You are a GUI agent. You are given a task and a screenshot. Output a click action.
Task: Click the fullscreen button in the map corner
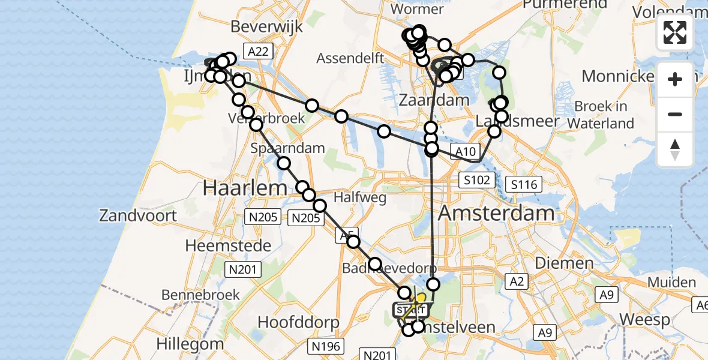pyautogui.click(x=675, y=32)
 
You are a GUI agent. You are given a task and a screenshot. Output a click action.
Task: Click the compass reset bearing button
pyautogui.click(x=675, y=149)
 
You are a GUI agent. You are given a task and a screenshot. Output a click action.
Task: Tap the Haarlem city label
pyautogui.click(x=245, y=188)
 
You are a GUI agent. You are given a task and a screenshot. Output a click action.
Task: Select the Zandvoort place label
pyautogui.click(x=138, y=215)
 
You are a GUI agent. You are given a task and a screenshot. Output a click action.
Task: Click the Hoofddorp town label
pyautogui.click(x=298, y=322)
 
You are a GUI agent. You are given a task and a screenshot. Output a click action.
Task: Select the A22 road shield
pyautogui.click(x=258, y=52)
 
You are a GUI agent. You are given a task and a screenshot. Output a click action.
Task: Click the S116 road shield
pyautogui.click(x=524, y=184)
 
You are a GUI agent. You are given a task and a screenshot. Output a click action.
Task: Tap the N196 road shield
pyautogui.click(x=326, y=346)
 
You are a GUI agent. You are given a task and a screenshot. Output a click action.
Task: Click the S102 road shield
pyautogui.click(x=478, y=179)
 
